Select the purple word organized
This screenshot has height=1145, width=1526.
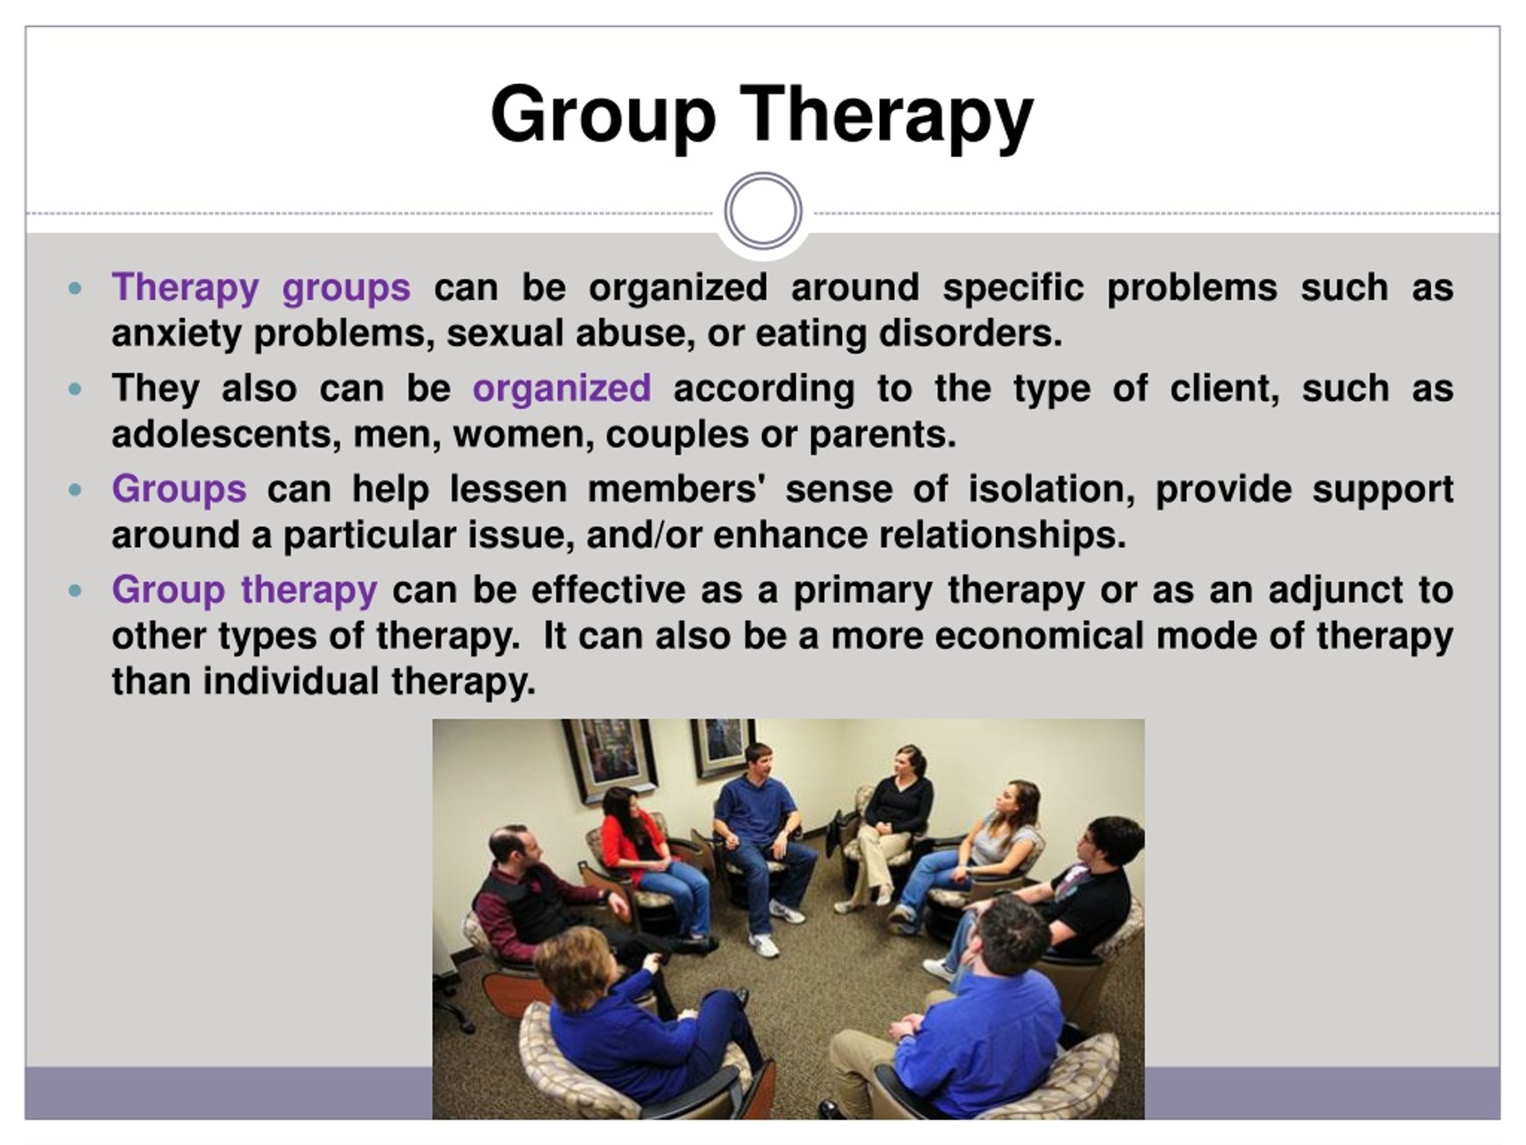pos(562,389)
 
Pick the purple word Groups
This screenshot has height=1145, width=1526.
pos(179,490)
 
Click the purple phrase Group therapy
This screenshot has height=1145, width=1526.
pos(244,591)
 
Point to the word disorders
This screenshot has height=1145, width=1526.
pos(970,333)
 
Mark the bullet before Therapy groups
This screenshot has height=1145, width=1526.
pos(76,289)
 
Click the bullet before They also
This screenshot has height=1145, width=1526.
pos(76,390)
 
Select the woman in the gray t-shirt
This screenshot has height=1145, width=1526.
pos(973,856)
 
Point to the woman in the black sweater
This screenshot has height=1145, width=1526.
pos(890,821)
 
